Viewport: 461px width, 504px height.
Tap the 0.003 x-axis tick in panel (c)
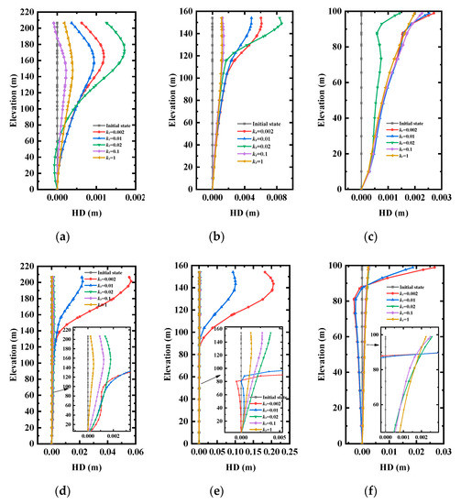pos(441,198)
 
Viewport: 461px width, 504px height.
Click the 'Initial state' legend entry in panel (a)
pos(113,124)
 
